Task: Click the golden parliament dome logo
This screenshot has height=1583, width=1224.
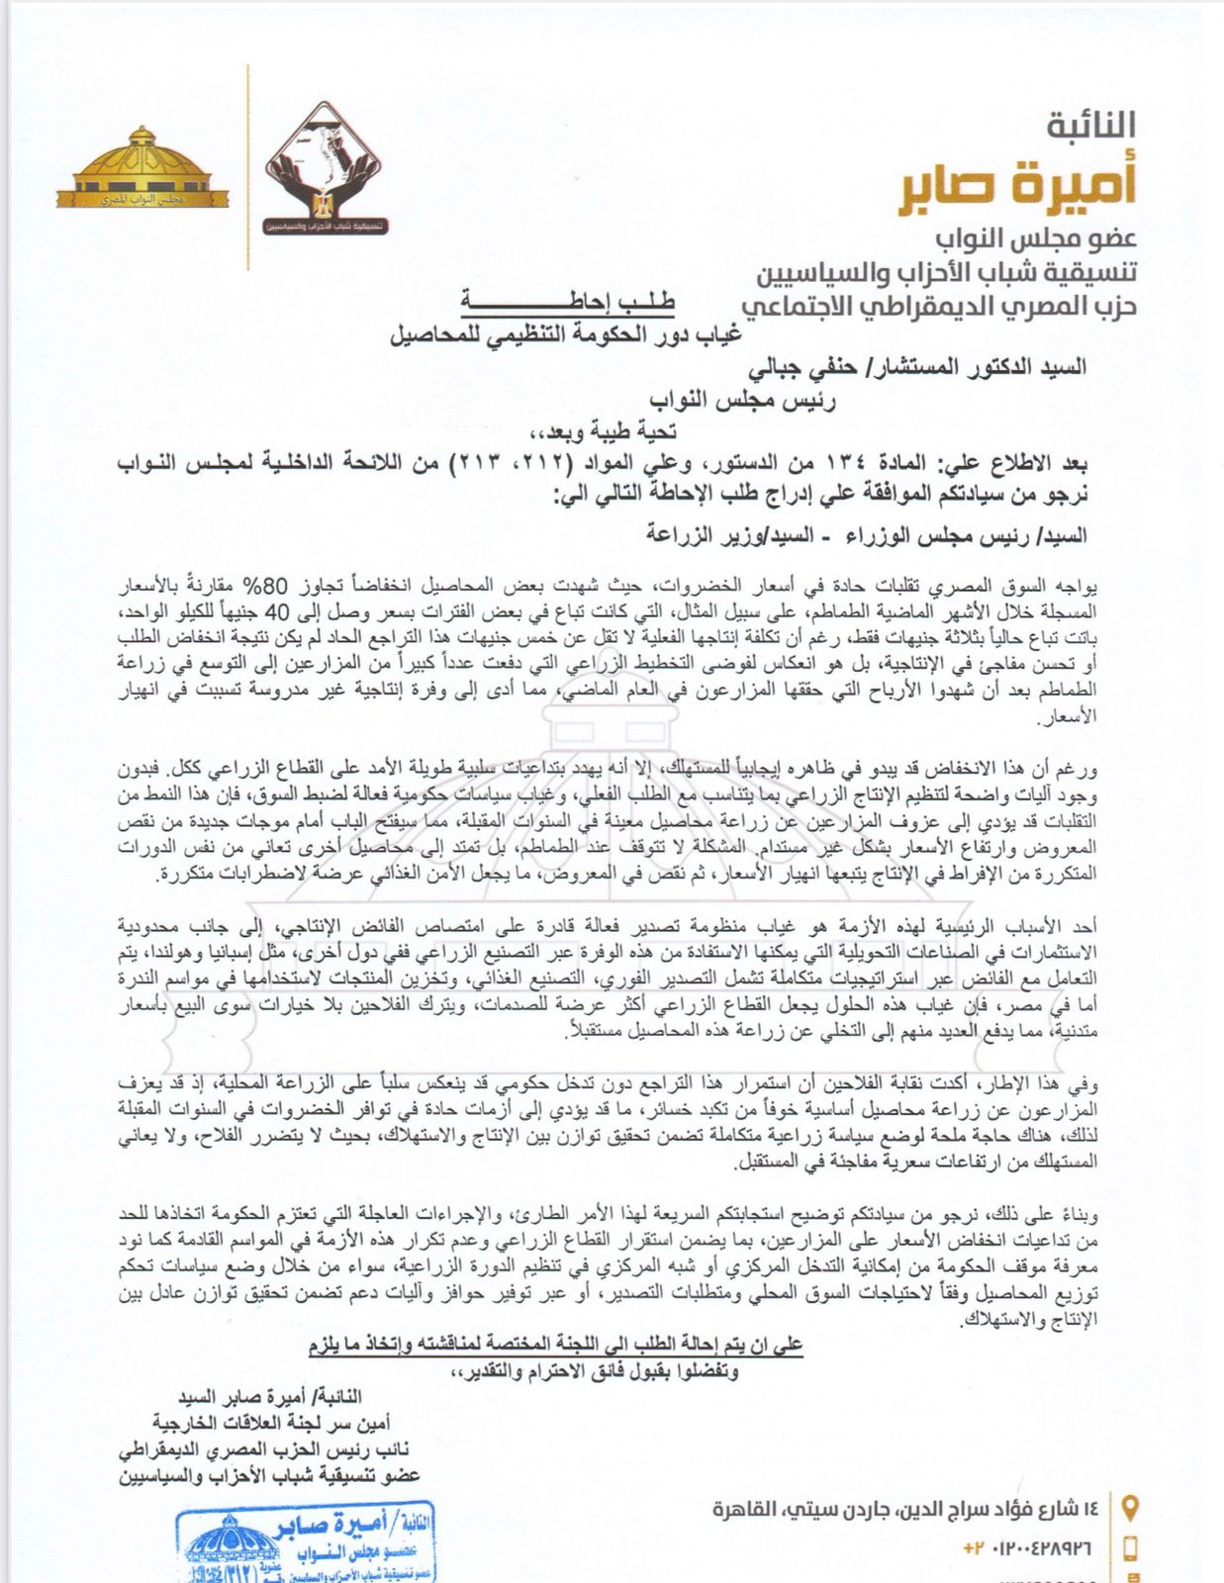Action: point(142,168)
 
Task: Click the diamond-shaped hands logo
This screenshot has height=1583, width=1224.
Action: point(326,169)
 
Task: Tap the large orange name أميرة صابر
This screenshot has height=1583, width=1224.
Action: point(1018,188)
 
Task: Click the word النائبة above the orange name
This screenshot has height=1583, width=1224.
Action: point(1090,126)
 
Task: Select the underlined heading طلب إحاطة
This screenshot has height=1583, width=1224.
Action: point(567,302)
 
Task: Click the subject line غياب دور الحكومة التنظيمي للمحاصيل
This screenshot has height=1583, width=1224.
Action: point(565,334)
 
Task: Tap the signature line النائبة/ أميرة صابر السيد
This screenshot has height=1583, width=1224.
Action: point(269,1397)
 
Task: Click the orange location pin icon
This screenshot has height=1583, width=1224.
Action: point(1130,1508)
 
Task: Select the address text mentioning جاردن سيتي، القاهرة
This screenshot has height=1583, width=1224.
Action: point(905,1509)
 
